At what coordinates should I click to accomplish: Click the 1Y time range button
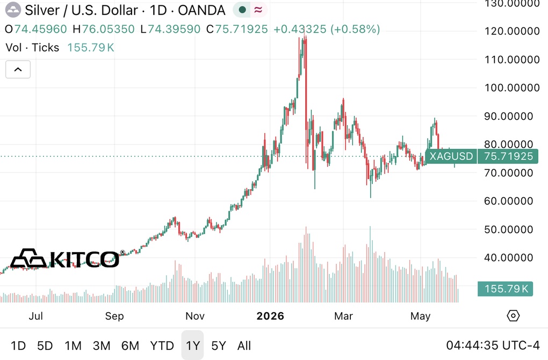coord(192,345)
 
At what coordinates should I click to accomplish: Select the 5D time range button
coord(45,345)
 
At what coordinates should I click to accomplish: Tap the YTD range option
coord(162,345)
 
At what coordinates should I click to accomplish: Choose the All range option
coord(244,345)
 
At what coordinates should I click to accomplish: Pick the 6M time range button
coord(130,345)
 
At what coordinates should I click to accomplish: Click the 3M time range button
coord(102,345)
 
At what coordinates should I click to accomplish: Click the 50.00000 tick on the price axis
coord(508,229)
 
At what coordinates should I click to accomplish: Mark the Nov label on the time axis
coord(194,316)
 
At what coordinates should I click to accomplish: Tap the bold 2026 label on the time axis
coord(270,316)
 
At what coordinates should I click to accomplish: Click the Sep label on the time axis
coord(114,316)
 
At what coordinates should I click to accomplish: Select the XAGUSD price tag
coord(451,156)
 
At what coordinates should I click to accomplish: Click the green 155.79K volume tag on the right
coord(506,289)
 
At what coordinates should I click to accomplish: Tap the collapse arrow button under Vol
coord(18,69)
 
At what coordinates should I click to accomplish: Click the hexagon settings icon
coord(513,316)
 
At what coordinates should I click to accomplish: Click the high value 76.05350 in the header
coord(108,29)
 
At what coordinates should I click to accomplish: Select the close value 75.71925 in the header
coord(241,29)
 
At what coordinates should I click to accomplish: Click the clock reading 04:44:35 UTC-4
coord(493,345)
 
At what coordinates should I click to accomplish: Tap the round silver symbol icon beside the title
coord(13,10)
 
